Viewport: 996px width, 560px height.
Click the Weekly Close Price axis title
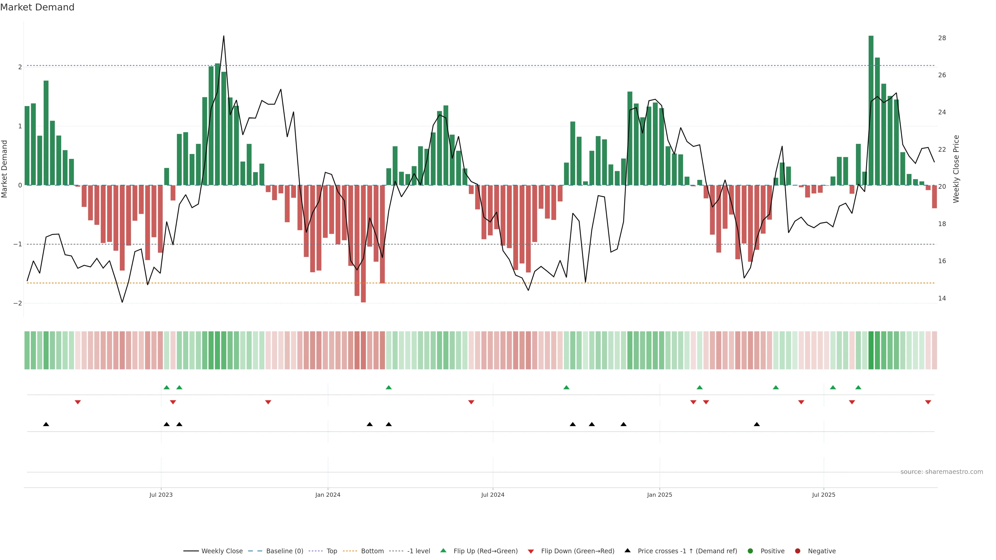click(956, 169)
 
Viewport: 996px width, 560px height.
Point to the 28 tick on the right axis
click(942, 38)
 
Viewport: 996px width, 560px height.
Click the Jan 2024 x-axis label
click(328, 495)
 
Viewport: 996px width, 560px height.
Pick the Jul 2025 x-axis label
click(824, 495)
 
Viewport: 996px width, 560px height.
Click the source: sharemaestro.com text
click(942, 472)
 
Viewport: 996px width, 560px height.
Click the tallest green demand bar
click(871, 110)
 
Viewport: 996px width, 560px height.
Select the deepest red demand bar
click(363, 243)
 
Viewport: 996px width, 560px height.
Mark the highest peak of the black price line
click(224, 36)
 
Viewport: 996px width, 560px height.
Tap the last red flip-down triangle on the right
click(928, 402)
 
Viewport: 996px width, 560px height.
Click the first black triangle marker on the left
click(46, 424)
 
